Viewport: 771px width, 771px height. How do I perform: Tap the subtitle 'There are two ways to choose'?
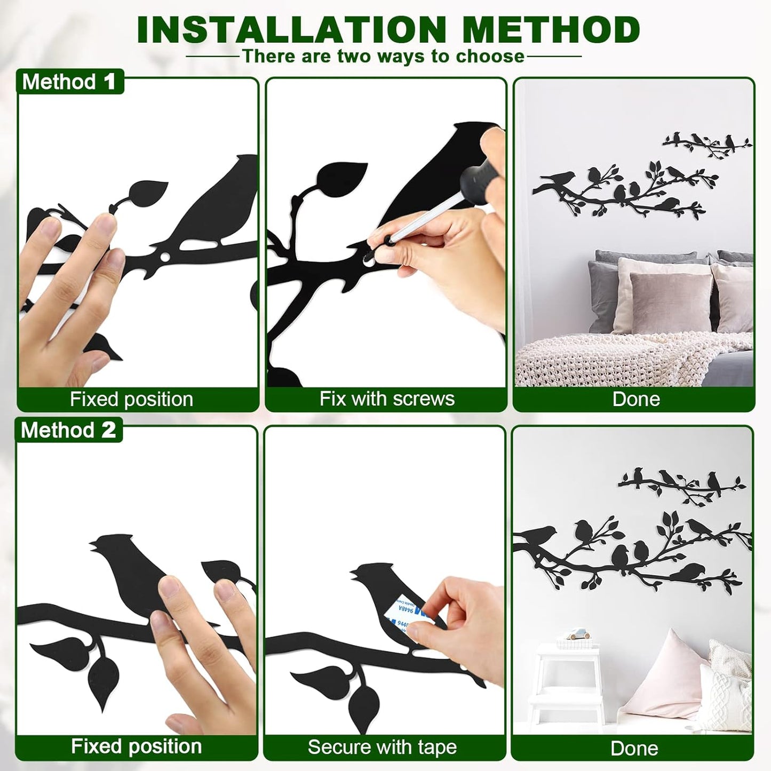point(384,56)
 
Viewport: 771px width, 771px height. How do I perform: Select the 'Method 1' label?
point(69,82)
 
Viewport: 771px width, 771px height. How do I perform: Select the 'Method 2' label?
point(69,430)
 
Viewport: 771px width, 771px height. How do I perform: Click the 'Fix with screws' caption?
point(387,399)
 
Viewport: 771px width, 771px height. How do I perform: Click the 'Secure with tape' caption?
point(382,748)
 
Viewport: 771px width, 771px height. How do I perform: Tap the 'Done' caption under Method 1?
point(636,399)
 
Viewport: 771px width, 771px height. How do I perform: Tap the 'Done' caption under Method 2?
point(634,748)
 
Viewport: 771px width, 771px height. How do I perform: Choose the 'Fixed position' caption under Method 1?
point(131,399)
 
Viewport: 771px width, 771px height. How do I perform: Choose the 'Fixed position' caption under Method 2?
point(136,746)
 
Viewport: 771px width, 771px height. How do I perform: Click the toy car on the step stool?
point(577,635)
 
